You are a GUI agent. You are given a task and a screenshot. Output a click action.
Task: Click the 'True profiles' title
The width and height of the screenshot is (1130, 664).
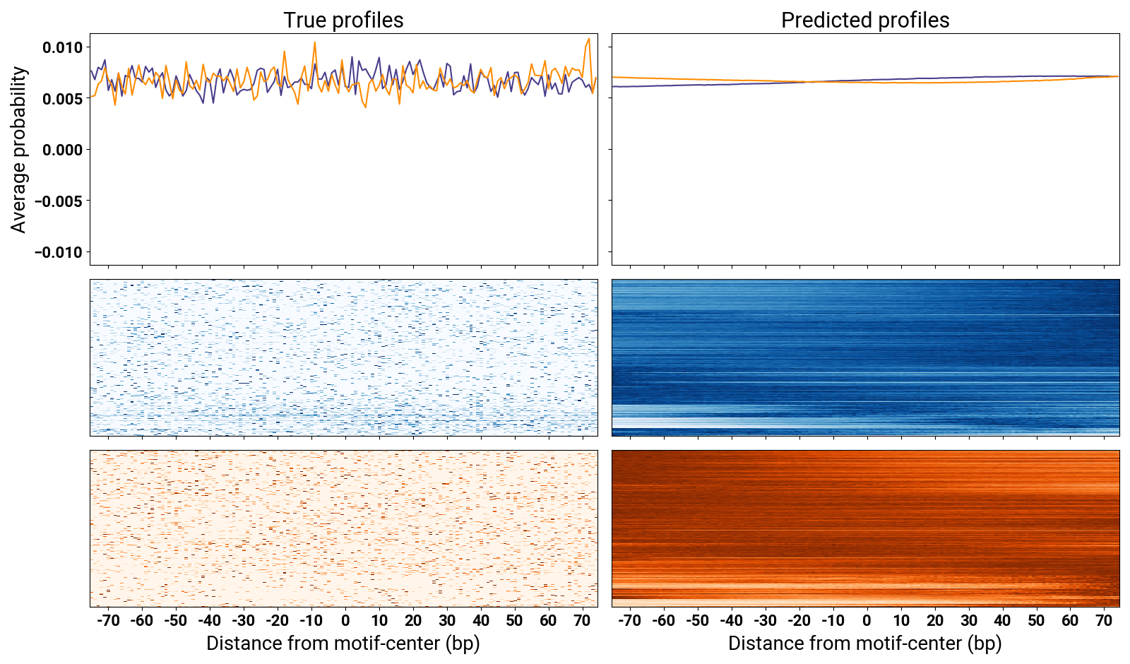[x=343, y=20]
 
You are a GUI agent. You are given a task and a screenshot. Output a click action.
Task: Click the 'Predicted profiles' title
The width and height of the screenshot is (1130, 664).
[x=865, y=20]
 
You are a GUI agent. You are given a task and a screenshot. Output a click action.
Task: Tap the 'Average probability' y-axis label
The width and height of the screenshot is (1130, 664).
[x=18, y=150]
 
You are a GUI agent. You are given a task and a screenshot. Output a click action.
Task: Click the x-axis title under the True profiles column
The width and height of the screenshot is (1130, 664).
[x=343, y=644]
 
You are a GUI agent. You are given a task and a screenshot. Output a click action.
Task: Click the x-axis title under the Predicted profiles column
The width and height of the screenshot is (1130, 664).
[x=865, y=644]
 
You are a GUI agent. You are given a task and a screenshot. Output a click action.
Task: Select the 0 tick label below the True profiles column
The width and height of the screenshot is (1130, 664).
[x=345, y=621]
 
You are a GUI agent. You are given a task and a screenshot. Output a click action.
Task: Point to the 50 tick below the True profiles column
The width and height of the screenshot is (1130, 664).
[x=515, y=621]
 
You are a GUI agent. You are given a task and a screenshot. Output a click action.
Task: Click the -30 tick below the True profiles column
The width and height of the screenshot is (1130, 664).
[x=244, y=621]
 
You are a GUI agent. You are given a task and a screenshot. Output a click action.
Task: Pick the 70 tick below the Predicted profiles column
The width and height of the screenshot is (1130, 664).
[x=1104, y=621]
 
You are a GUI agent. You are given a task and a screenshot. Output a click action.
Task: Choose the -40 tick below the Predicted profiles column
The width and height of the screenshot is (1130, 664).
[x=732, y=621]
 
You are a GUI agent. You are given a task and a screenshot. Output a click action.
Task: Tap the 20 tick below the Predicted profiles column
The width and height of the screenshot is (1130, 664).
[x=935, y=621]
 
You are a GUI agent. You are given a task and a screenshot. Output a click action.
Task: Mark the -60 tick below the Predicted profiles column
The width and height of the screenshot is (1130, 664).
[x=664, y=621]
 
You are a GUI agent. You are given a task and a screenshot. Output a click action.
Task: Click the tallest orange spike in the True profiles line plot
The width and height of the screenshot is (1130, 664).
[x=589, y=39]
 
